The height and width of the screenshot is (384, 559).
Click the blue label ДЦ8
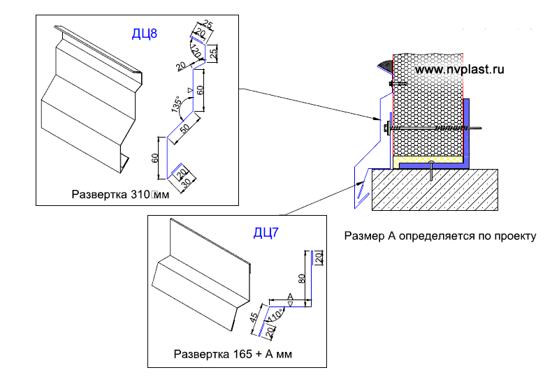pos(144,33)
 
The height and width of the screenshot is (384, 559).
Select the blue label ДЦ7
pos(265,232)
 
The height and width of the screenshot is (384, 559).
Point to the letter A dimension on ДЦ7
pos(289,297)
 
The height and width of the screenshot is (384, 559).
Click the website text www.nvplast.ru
pos(459,69)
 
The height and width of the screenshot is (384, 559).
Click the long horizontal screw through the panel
pos(440,129)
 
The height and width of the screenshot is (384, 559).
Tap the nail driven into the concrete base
pos(433,172)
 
